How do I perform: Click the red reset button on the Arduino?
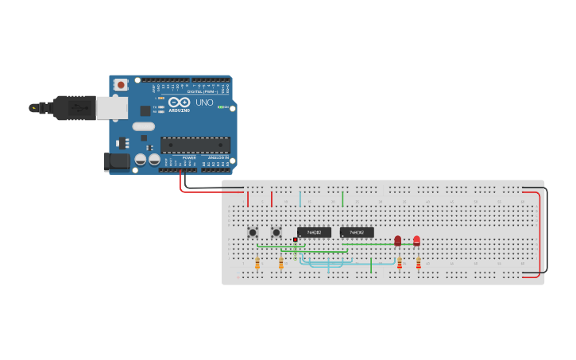coord(121,84)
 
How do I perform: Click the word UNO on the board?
coord(204,103)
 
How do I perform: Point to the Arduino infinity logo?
coord(179,102)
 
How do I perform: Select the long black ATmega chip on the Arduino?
coord(195,145)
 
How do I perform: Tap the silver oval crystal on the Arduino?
coord(143,126)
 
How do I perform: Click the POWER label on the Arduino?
coord(189,158)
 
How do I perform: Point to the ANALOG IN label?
coord(218,158)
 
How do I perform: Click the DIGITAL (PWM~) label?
coord(202,92)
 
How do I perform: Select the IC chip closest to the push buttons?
coord(314,232)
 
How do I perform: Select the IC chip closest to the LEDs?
coord(357,232)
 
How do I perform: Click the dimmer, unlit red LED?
coord(398,240)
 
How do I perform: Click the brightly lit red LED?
coord(416,240)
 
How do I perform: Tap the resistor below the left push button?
coord(257,262)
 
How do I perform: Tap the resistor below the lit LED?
coord(418,262)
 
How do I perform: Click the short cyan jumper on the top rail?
coord(300,198)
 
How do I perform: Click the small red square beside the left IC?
coord(295,239)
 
